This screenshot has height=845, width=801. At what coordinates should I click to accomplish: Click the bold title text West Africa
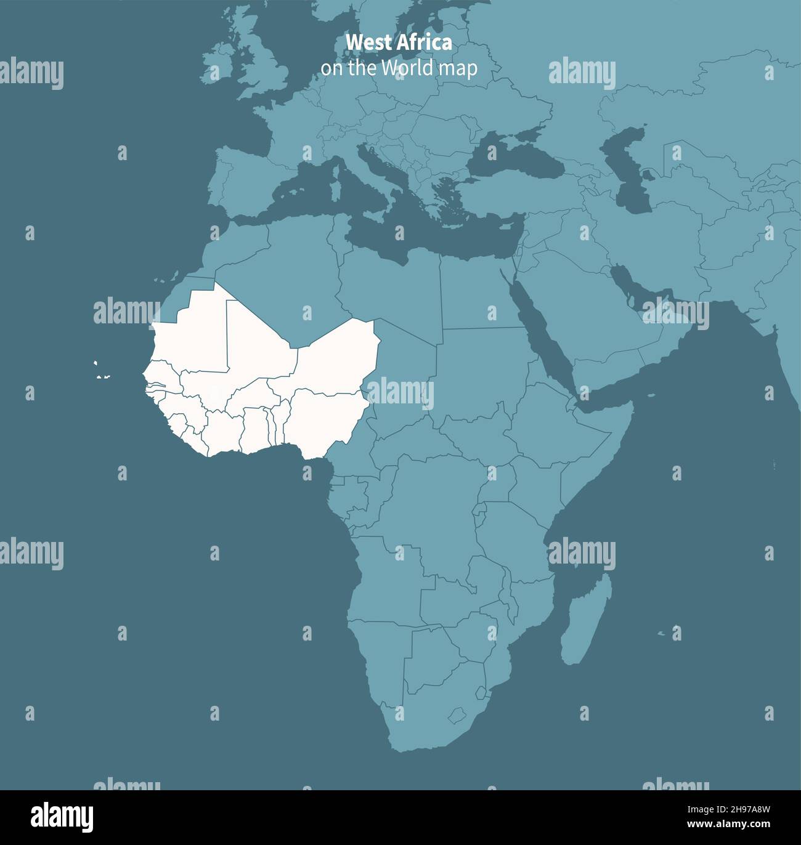coord(399,43)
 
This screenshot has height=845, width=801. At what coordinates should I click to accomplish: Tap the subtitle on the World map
coord(399,68)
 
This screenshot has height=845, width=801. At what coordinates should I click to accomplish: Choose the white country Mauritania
coord(191,333)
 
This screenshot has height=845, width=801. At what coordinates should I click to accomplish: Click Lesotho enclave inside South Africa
coord(457,716)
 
